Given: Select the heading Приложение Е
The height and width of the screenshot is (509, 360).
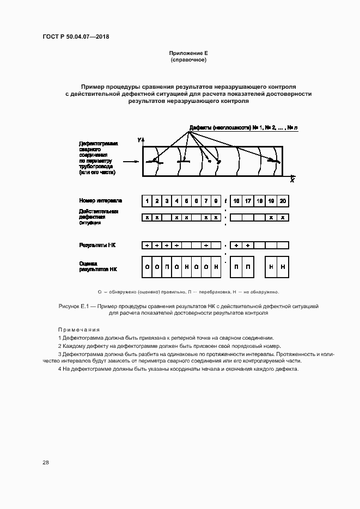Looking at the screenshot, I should (x=188, y=53).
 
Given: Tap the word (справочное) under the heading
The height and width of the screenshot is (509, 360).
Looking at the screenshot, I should (x=188, y=60).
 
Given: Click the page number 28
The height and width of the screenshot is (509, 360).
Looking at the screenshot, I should (x=46, y=463).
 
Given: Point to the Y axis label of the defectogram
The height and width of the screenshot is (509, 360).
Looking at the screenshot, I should (x=139, y=140).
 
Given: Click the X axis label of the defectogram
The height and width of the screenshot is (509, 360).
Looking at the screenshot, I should (x=292, y=180).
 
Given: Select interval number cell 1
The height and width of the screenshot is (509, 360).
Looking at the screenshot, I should (x=147, y=201).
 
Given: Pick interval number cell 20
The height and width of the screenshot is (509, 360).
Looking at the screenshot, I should (x=283, y=201).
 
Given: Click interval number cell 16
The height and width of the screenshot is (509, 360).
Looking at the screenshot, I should (x=236, y=201).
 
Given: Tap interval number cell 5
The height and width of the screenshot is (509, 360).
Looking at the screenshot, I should (x=187, y=201).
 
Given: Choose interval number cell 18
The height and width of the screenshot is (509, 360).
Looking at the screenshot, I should (x=260, y=201).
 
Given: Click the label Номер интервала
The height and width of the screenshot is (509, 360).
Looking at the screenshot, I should (x=101, y=201).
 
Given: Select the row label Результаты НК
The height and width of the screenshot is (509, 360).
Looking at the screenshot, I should (x=97, y=246).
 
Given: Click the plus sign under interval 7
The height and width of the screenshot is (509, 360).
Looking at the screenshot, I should (x=206, y=246).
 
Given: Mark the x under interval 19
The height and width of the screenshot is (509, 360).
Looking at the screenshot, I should (x=271, y=217).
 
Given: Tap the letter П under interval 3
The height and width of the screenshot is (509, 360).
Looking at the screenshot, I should (x=167, y=267).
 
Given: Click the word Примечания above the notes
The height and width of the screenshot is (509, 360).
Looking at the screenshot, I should (x=79, y=330).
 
